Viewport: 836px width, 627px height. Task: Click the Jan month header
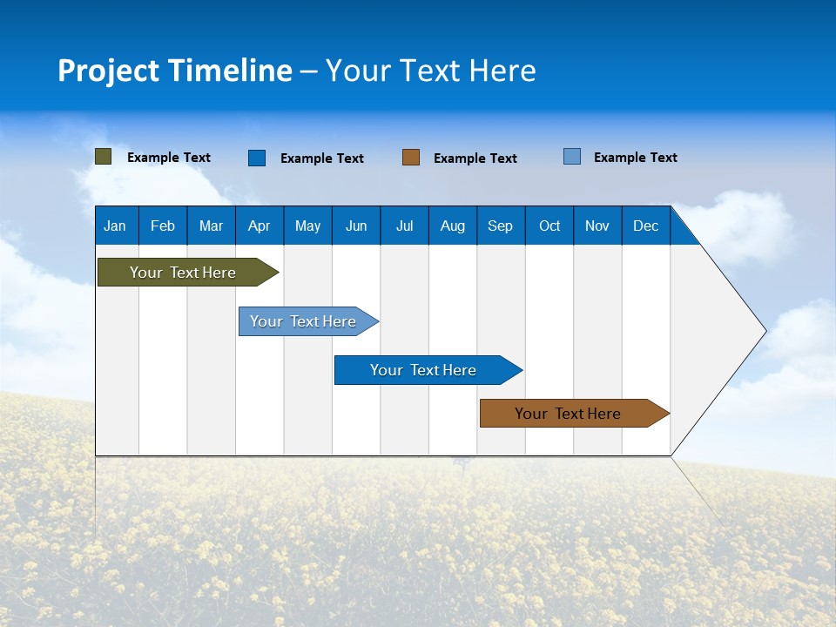pyautogui.click(x=115, y=226)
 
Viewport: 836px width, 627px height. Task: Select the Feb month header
pyautogui.click(x=163, y=226)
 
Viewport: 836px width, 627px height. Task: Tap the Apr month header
pyautogui.click(x=259, y=226)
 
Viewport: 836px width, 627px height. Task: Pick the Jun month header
pyautogui.click(x=356, y=226)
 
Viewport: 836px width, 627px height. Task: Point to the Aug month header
pyautogui.click(x=452, y=226)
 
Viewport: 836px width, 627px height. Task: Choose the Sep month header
pyautogui.click(x=500, y=226)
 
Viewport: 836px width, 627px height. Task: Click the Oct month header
pyautogui.click(x=549, y=226)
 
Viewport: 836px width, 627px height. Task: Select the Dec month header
pyautogui.click(x=645, y=226)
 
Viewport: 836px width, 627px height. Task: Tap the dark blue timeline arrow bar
pyautogui.click(x=424, y=370)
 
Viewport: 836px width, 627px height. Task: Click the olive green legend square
pyautogui.click(x=104, y=157)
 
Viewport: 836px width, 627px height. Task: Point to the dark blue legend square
pyautogui.click(x=257, y=158)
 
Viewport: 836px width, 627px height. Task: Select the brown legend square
pyautogui.click(x=411, y=158)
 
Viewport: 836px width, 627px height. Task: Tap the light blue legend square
pyautogui.click(x=572, y=157)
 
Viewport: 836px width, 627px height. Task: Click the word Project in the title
pyautogui.click(x=109, y=71)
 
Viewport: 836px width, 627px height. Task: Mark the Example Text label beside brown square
pyautogui.click(x=475, y=158)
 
